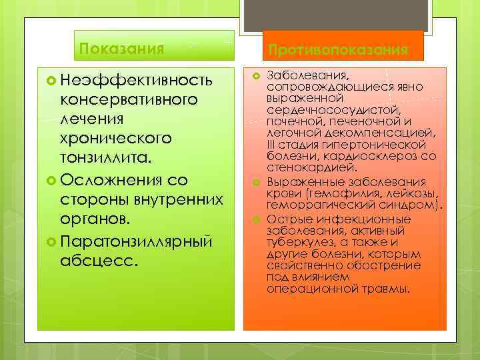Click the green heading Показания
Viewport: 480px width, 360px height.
click(x=121, y=48)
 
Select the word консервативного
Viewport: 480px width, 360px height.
click(x=129, y=100)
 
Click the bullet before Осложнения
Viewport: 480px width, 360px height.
click(x=51, y=181)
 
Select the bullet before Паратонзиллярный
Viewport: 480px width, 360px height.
click(x=51, y=239)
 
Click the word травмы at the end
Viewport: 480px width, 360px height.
click(x=390, y=289)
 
